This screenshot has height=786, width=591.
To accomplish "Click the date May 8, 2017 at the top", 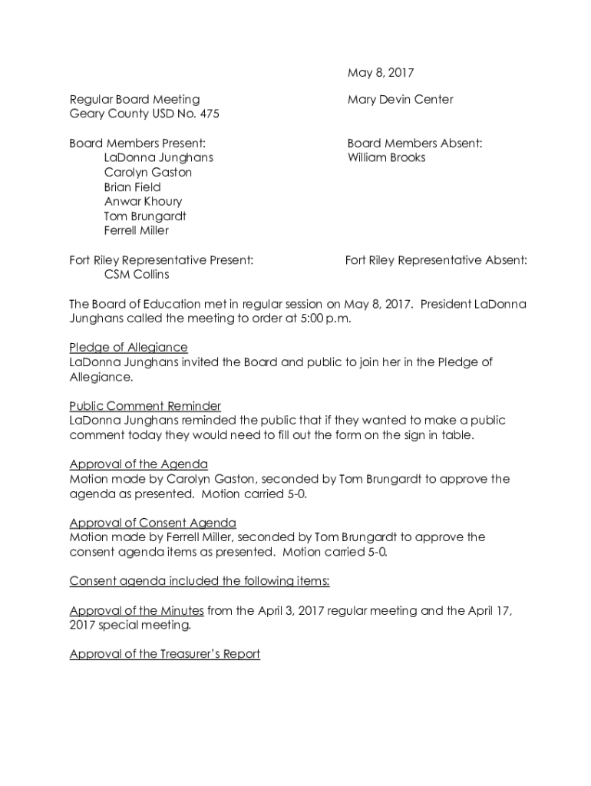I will [381, 74].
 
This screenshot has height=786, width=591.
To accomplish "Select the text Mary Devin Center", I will [400, 100].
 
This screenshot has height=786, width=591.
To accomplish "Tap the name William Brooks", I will [386, 158].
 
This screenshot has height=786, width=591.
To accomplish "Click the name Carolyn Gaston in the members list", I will [148, 173].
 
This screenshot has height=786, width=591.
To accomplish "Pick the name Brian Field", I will [133, 187].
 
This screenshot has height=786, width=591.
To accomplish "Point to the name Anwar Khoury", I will [144, 202].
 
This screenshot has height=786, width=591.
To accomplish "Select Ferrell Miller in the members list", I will [137, 231].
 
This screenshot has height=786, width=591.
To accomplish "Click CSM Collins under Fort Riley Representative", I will [137, 275].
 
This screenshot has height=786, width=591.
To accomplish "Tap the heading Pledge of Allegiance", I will [128, 348].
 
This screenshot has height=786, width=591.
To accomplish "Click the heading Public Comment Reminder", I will [145, 406].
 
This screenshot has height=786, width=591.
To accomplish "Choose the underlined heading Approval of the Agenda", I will [138, 464].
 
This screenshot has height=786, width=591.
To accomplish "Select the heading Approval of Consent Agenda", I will [153, 523].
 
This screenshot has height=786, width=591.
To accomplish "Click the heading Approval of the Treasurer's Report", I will [164, 655].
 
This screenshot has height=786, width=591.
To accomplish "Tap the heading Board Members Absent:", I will [414, 144].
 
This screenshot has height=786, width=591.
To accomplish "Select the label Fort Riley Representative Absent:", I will [436, 261].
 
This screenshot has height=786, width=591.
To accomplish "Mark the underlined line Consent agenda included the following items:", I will [200, 581].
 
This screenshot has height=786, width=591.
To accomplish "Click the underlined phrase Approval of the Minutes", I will [136, 611].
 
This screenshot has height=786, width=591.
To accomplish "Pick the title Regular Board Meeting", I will [134, 100].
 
